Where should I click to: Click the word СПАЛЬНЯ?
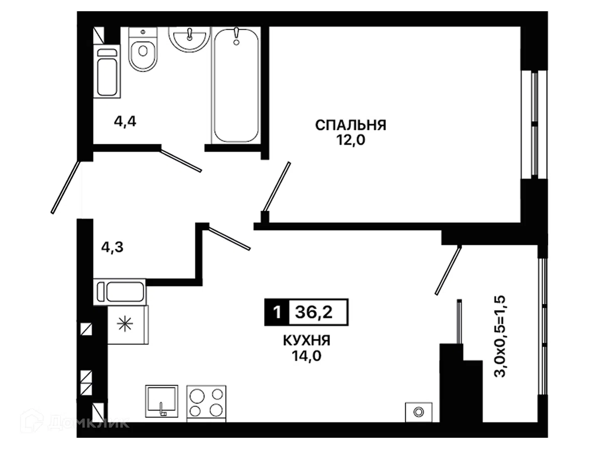click(350, 125)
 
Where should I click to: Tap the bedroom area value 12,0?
click(350, 141)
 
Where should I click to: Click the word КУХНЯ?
click(307, 340)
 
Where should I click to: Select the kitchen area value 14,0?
click(307, 356)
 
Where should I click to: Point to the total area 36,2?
click(314, 312)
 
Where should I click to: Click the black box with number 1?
click(277, 312)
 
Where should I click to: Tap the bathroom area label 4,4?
click(125, 121)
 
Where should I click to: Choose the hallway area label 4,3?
click(112, 247)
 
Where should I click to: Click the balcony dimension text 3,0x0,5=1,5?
click(500, 336)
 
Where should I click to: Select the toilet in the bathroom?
click(143, 49)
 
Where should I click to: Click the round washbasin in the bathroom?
click(189, 39)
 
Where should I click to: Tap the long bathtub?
click(236, 85)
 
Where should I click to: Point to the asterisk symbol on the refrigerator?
click(125, 324)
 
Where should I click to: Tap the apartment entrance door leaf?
click(65, 187)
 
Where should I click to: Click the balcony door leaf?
click(448, 270)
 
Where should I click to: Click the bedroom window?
click(534, 125)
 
